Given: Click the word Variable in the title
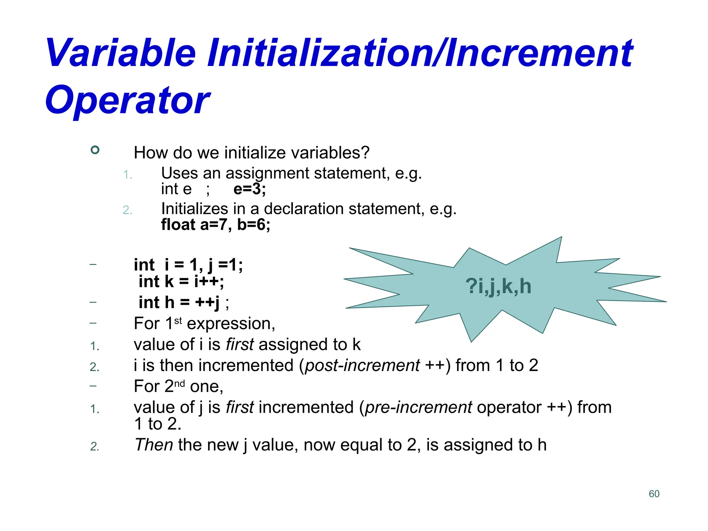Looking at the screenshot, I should [x=121, y=54].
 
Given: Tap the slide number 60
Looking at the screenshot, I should [x=654, y=494].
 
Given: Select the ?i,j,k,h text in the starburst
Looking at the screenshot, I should [x=498, y=287].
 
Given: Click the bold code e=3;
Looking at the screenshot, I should [x=250, y=189].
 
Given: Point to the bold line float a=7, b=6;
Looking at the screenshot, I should [x=216, y=225].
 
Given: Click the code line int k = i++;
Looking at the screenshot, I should [x=181, y=281].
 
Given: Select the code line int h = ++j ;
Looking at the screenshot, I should [x=184, y=302].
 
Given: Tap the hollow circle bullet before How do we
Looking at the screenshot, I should [x=95, y=150].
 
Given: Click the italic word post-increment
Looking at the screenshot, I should [x=362, y=365].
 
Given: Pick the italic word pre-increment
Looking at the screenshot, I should [x=419, y=407].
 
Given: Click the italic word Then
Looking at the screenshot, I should [x=154, y=445].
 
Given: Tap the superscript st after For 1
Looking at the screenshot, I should [x=178, y=321].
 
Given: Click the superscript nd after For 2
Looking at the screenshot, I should [x=179, y=384].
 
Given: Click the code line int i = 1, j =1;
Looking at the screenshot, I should [x=188, y=265].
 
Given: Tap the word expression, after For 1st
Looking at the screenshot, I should [x=231, y=324].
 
